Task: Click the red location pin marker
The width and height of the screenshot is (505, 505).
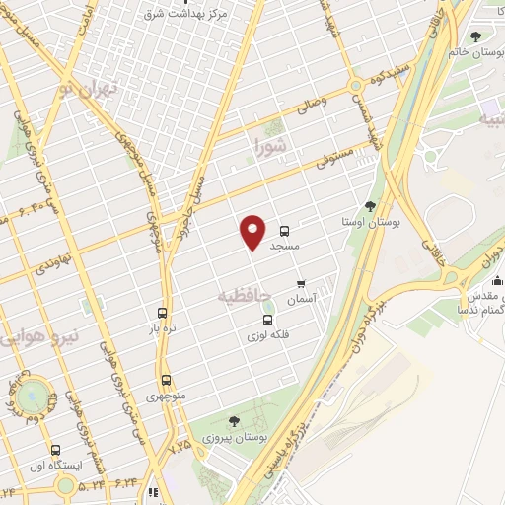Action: [253, 231]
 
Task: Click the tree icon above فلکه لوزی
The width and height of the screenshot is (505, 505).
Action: [267, 320]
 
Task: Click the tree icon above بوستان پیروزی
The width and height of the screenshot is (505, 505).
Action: [234, 420]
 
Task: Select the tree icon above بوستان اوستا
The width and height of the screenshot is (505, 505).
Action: [370, 206]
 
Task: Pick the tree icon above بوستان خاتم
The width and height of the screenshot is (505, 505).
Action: [476, 37]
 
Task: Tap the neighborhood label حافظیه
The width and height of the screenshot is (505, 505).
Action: [243, 294]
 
